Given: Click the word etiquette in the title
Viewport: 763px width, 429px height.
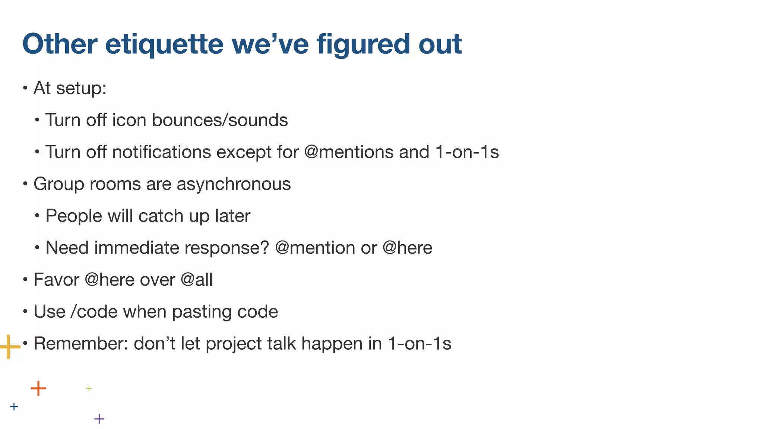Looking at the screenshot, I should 164,44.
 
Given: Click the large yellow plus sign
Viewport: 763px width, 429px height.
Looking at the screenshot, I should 9,347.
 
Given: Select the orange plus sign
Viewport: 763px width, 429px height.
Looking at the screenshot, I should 38,388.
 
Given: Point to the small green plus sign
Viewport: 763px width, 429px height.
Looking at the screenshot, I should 89,388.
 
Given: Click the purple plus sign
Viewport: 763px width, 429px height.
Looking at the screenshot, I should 99,419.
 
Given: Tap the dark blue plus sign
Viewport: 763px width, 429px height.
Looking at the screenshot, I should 14,407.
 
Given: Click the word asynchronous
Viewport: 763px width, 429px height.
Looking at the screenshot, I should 234,184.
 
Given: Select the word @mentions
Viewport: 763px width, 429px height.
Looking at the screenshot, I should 349,152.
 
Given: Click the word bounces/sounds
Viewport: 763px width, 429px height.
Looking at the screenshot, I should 219,120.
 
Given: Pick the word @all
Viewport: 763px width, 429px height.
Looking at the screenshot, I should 196,280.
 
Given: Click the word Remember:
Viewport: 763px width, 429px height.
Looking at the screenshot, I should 80,344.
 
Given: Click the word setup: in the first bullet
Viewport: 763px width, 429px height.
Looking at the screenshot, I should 81,89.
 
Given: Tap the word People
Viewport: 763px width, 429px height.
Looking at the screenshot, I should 73,216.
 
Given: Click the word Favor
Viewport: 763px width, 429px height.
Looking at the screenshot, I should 56,280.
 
